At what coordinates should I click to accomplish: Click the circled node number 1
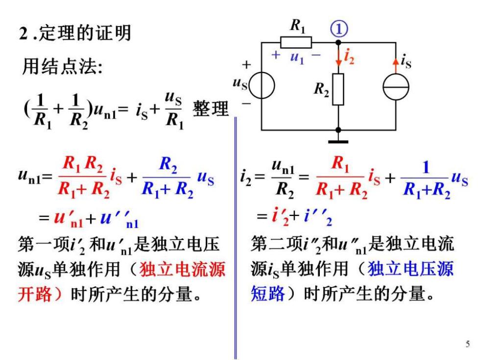point(339,29)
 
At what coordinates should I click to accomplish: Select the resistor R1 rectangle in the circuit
point(296,43)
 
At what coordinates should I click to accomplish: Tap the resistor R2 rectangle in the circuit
point(338,89)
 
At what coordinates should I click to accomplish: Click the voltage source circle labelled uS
point(262,85)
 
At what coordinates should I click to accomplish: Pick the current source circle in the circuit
point(396,87)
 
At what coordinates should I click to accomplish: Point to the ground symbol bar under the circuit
point(338,142)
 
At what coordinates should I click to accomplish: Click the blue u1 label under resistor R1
point(297,57)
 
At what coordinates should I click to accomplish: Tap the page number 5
point(467,344)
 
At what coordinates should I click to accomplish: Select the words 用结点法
point(61,66)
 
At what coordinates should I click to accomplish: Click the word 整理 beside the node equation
point(211,109)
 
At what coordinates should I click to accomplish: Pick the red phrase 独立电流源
point(182,269)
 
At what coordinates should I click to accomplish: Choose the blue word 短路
point(268,294)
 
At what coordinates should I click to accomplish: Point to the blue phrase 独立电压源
point(410,269)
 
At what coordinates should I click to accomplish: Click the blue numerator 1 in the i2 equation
point(426,168)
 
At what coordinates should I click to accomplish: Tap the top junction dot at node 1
point(338,43)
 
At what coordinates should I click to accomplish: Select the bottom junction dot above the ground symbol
point(338,130)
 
